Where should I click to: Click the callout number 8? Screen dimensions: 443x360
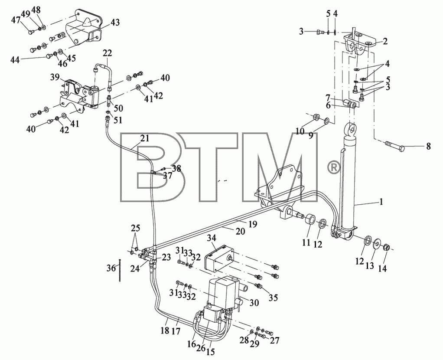[429, 146]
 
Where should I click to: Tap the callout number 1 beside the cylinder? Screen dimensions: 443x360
[381, 202]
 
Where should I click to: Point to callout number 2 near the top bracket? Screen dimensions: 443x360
[385, 42]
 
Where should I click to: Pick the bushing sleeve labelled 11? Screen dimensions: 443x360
[310, 220]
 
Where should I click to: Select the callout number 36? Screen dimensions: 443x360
[111, 268]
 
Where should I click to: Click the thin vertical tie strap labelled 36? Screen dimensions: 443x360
[121, 270]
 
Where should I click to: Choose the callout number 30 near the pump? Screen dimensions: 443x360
[254, 302]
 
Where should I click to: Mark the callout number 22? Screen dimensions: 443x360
[107, 53]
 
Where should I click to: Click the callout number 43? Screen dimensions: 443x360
[115, 23]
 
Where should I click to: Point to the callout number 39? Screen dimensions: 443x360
[55, 77]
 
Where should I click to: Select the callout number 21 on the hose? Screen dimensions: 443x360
[144, 138]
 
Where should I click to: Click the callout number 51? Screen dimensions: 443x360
[117, 120]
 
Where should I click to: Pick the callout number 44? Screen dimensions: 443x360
[15, 60]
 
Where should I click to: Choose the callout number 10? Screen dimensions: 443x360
[300, 131]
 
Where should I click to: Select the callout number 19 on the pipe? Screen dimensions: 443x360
[253, 224]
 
